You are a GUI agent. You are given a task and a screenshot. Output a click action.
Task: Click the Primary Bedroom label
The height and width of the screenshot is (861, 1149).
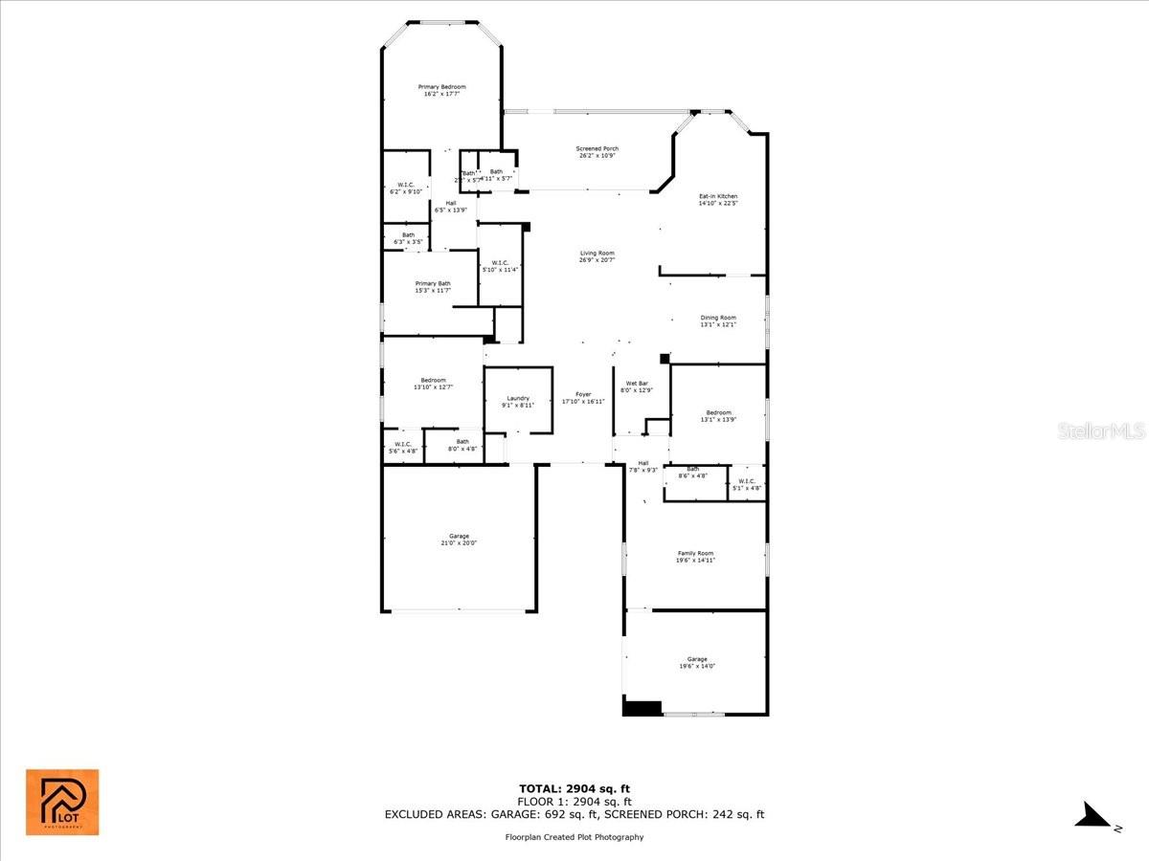click(441, 87)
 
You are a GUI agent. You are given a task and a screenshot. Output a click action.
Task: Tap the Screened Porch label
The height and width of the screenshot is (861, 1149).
click(597, 149)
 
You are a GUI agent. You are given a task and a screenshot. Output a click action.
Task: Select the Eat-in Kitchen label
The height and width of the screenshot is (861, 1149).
click(717, 196)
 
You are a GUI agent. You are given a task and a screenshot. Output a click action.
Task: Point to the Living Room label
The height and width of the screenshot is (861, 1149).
click(597, 254)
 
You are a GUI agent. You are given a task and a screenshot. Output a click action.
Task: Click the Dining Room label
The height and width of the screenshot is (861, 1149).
click(717, 319)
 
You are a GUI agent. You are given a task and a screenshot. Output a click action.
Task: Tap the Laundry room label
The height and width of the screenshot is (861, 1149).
click(518, 399)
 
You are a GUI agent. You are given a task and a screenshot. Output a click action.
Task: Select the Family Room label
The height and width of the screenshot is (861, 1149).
click(695, 554)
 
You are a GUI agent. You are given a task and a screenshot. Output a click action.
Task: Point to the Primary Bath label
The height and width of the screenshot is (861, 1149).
click(433, 284)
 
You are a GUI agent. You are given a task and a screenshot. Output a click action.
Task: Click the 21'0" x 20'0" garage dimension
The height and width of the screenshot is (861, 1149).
click(459, 543)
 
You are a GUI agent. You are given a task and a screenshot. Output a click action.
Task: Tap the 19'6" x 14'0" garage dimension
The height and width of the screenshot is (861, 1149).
click(696, 666)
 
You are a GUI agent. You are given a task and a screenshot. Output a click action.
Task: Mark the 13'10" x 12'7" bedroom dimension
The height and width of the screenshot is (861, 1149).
click(433, 387)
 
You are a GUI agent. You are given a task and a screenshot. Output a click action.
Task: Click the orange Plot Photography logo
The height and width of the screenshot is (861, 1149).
click(62, 802)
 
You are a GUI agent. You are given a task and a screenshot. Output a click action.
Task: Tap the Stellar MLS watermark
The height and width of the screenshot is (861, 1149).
click(1100, 431)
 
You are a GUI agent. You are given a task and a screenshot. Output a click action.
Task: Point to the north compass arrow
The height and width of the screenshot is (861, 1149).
click(1093, 816)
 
